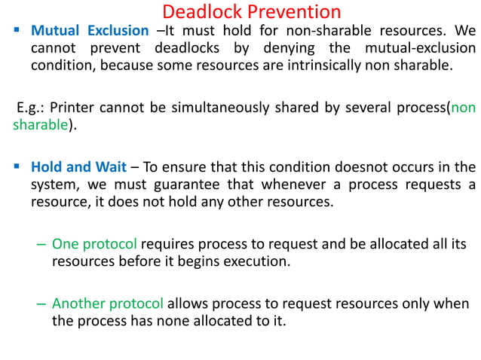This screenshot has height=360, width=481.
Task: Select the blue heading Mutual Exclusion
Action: click(90, 31)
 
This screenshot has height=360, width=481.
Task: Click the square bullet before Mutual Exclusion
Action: click(16, 31)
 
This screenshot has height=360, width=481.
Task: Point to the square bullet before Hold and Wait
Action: click(16, 166)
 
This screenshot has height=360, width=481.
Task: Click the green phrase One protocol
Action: click(94, 244)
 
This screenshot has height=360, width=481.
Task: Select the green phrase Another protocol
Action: click(107, 304)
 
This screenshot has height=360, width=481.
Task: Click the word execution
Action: click(251, 262)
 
